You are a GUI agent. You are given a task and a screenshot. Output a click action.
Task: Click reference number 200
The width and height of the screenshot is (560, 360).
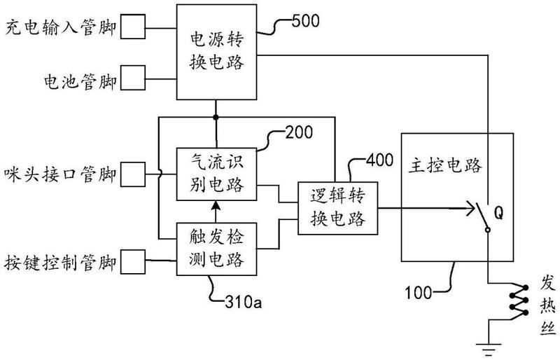pyautogui.click(x=298, y=132)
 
